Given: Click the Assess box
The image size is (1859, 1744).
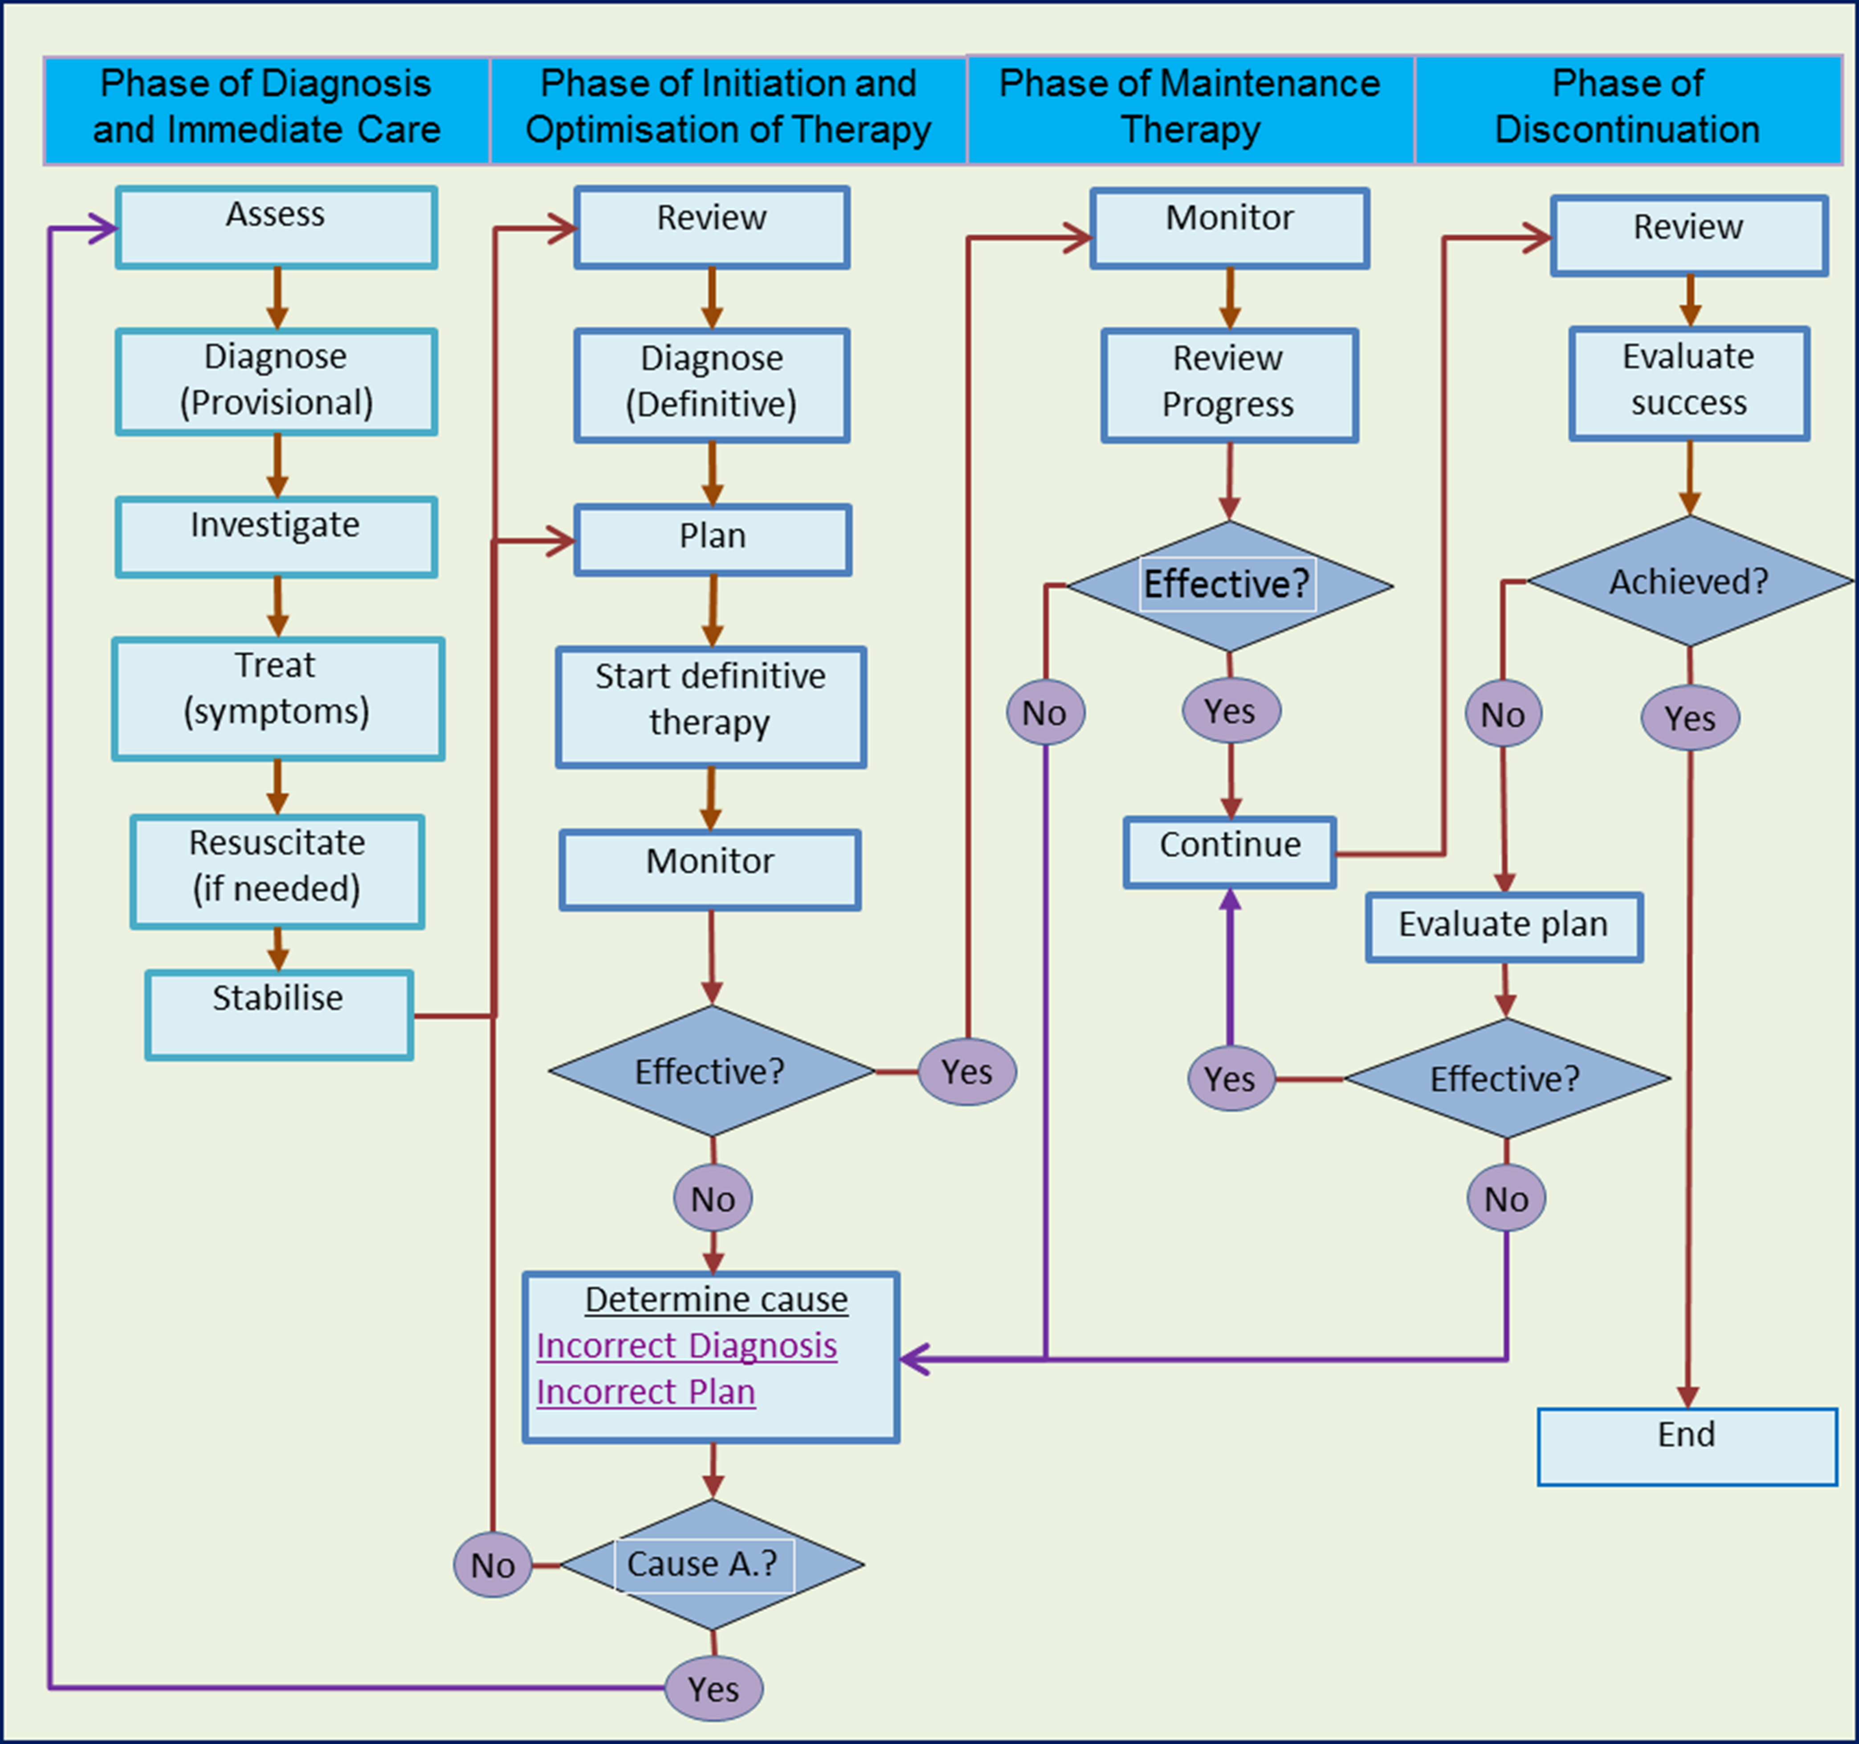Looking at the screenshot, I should coord(276,227).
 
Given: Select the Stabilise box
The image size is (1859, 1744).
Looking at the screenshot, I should coord(279,1015).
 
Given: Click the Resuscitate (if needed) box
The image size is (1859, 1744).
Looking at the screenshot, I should coord(277,871).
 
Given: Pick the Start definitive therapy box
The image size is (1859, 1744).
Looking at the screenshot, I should coord(711,707).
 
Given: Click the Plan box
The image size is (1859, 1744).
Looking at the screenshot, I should coord(713,539).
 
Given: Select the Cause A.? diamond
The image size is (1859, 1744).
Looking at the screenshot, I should coord(711,1564).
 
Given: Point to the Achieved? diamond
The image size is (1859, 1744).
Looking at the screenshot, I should coord(1689,582).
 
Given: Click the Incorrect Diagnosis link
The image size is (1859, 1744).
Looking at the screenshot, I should coord(686,1346).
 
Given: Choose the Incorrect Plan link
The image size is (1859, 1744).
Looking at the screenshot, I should coord(645,1392).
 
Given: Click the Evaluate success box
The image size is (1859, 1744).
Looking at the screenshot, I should coord(1689,383).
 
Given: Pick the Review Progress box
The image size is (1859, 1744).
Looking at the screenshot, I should coord(1229,384).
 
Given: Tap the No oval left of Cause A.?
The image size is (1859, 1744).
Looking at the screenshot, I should coord(493,1564).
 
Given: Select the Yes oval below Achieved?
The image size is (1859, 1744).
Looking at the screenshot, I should coord(1690,718).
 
